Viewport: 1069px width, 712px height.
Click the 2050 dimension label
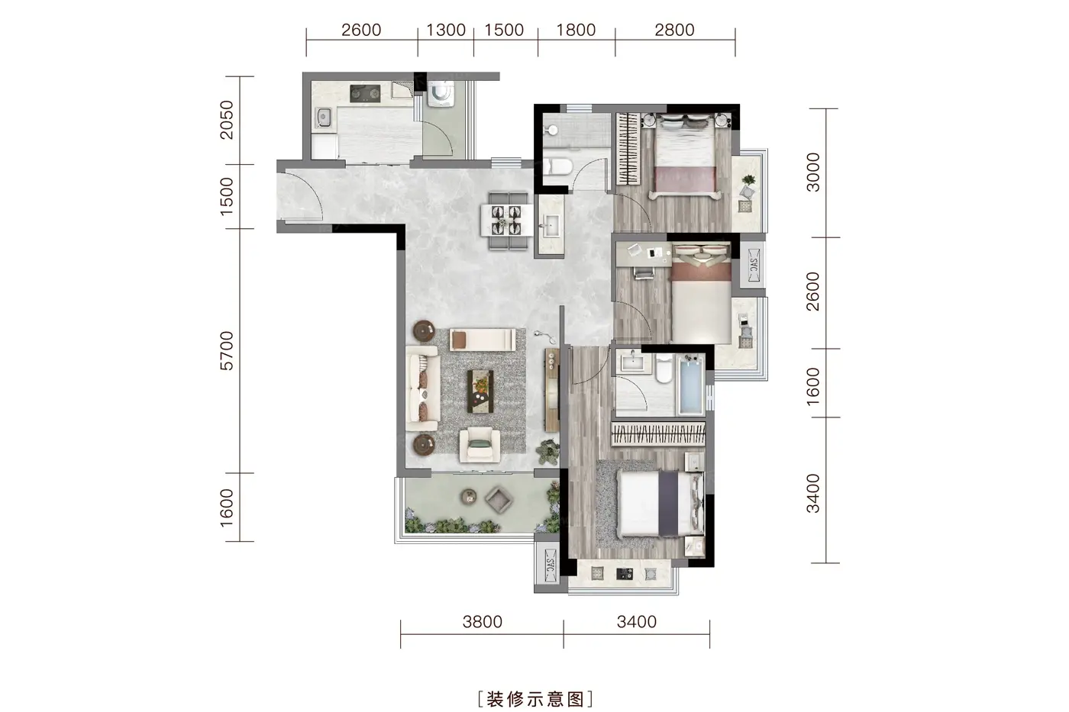(x=227, y=120)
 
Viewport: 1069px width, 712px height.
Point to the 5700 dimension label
(x=227, y=350)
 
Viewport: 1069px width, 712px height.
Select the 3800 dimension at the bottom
(x=483, y=621)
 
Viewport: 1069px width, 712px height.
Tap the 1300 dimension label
(x=446, y=30)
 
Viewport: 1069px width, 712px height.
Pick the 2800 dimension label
(x=674, y=30)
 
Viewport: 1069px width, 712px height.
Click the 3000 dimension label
(x=812, y=172)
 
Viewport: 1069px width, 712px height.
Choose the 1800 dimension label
(x=576, y=30)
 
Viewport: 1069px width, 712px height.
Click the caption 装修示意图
(x=535, y=699)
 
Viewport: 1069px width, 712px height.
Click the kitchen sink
(x=324, y=118)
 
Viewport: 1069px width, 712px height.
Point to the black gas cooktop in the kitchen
(x=365, y=93)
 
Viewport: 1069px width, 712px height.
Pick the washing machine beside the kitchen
(x=441, y=93)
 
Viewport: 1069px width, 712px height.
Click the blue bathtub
(x=692, y=385)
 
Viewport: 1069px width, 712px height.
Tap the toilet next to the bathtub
(x=664, y=368)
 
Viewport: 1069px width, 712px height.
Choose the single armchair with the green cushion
(x=480, y=445)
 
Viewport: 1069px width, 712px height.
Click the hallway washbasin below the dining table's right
(x=551, y=224)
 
